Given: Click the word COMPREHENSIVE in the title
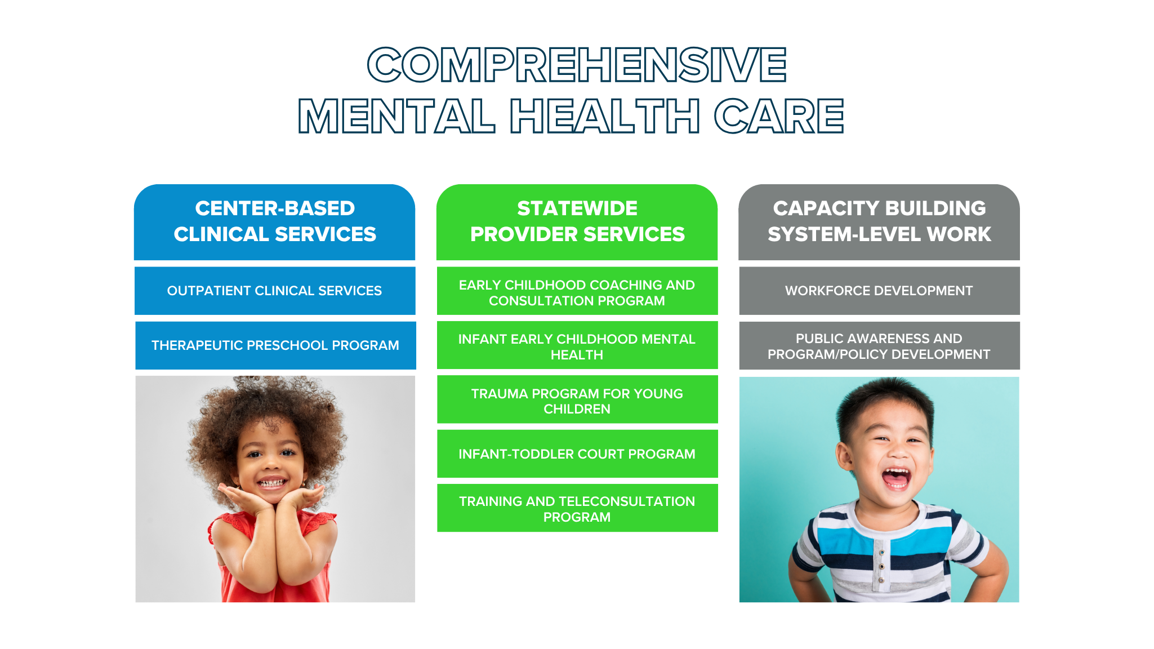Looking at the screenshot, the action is click(577, 65).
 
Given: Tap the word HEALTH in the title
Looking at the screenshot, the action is click(605, 117).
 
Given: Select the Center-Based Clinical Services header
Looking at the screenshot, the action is click(275, 222).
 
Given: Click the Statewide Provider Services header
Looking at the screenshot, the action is click(577, 222).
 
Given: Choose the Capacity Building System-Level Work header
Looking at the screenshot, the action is click(879, 222).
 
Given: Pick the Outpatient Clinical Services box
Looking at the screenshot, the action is click(275, 291).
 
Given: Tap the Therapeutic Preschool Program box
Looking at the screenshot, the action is click(275, 345).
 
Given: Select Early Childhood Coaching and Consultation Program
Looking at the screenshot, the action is click(577, 291).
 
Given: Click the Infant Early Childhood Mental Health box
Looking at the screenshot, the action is click(577, 345).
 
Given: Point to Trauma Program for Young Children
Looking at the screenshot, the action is click(577, 399).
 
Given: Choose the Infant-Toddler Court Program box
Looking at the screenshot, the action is click(577, 454).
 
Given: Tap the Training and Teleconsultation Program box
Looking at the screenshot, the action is click(577, 508).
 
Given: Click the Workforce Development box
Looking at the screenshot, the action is click(879, 291).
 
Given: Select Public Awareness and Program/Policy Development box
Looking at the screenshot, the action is click(879, 345).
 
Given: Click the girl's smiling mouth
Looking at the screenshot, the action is click(273, 483).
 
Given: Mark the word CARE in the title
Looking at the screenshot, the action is click(779, 117).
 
